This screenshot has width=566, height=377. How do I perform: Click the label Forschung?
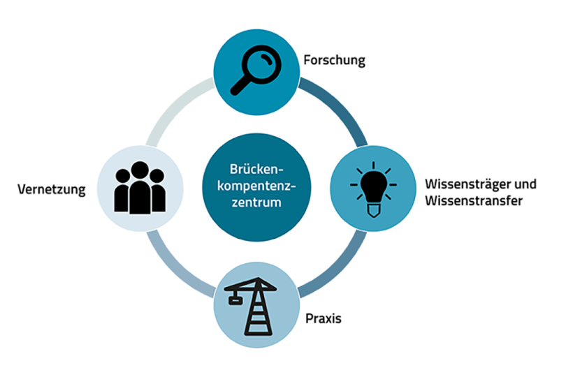tap(334, 60)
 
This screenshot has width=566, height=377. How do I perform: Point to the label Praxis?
tap(324, 320)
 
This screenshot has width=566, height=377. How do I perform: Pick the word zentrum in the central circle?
tap(255, 204)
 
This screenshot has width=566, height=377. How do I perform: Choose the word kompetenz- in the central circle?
tap(255, 187)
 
